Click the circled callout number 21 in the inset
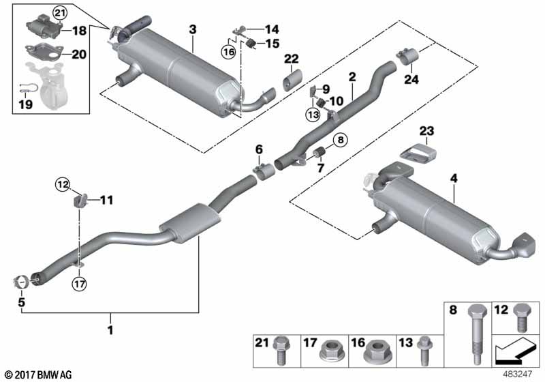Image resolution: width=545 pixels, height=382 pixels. [60, 13]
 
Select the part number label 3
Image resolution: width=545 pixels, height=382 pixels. [193, 29]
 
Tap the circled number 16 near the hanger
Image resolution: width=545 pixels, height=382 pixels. [228, 51]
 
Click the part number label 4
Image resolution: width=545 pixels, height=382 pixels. [454, 179]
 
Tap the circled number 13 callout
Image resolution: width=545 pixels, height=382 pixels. [312, 115]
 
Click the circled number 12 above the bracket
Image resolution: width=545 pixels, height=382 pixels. [63, 184]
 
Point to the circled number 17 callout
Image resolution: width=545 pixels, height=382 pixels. [80, 283]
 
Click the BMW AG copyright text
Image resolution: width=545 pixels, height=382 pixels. [37, 374]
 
